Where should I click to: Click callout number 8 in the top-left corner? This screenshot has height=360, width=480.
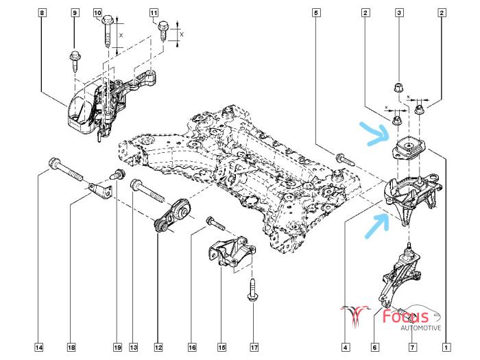[x=43, y=13]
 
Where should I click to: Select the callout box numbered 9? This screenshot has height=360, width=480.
[x=75, y=13]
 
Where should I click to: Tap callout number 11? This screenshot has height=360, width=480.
[x=153, y=13]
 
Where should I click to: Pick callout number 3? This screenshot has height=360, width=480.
[x=398, y=13]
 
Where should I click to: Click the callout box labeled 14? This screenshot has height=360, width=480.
[x=39, y=348]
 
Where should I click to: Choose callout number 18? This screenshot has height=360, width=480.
[x=71, y=348]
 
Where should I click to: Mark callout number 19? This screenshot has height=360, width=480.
[x=117, y=348]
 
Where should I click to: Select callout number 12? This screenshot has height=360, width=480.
[x=159, y=348]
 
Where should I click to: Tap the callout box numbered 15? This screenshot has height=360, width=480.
[x=221, y=348]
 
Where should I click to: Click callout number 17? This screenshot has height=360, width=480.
[x=254, y=348]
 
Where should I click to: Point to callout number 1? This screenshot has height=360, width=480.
[x=447, y=348]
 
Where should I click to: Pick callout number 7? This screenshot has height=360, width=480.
[x=413, y=348]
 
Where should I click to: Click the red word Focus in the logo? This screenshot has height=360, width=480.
[x=415, y=317]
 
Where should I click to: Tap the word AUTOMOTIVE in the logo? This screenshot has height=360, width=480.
[x=421, y=328]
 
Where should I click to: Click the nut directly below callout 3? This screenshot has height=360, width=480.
[x=398, y=87]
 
